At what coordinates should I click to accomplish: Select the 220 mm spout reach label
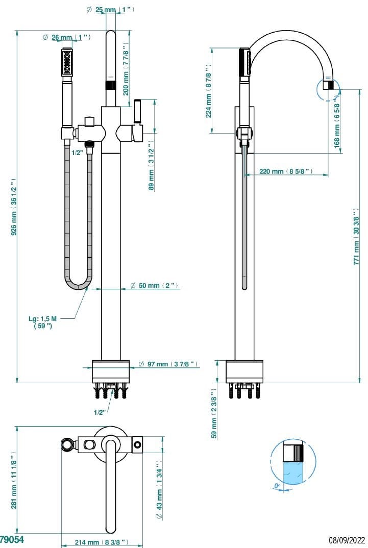[x=286, y=171]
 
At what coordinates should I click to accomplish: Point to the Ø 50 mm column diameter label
[x=153, y=286]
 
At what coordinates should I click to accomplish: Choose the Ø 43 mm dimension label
[x=159, y=493]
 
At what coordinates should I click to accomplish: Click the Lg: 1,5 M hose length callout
[x=43, y=321]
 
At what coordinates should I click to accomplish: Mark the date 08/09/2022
[x=347, y=539]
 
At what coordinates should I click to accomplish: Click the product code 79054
[x=11, y=539]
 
